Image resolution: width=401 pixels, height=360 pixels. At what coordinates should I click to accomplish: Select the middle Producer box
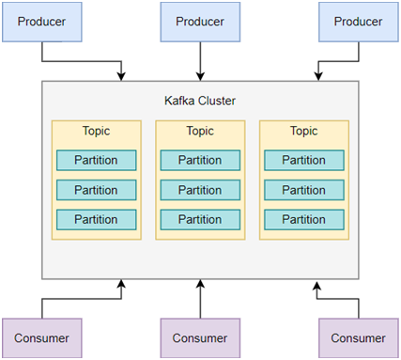200,22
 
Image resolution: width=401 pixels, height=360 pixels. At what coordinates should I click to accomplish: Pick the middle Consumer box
200,337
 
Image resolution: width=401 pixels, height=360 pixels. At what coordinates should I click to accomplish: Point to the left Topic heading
96,131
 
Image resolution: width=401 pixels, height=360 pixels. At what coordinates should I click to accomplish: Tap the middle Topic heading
200,131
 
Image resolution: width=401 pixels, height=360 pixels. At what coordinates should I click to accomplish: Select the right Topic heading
303,131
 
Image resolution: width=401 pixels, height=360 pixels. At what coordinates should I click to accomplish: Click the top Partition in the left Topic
96,160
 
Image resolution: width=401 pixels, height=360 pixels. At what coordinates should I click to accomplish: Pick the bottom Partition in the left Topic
96,220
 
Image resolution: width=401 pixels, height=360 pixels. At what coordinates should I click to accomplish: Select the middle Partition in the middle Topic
200,190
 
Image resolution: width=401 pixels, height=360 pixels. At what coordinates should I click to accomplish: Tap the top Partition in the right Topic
303,160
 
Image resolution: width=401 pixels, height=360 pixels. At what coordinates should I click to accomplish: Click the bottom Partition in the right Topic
303,220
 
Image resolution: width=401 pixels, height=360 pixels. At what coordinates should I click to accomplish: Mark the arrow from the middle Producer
200,61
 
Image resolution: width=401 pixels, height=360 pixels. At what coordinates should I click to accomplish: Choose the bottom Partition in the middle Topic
200,220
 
